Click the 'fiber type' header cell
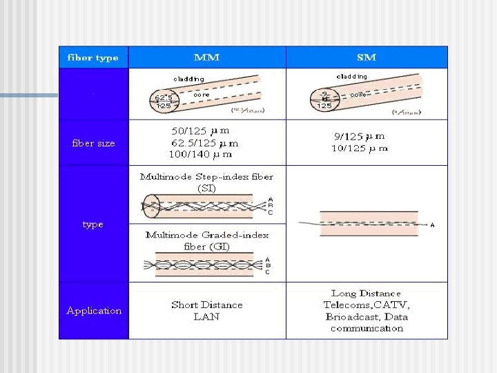tap(92, 57)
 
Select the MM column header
tap(207, 57)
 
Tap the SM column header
tap(367, 57)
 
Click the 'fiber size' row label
tap(93, 144)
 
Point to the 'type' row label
tap(92, 224)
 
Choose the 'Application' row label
tap(94, 311)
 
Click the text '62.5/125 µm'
tap(205, 144)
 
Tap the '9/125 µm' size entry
tap(360, 137)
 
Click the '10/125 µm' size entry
tap(360, 148)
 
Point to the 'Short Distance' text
tap(207, 305)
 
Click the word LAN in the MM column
tap(206, 316)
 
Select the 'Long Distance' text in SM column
tap(366, 294)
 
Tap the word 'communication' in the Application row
tap(367, 328)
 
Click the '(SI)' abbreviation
tap(207, 188)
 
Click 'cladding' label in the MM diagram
tap(188, 79)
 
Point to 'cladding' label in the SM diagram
tap(351, 76)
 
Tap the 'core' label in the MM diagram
tap(201, 95)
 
